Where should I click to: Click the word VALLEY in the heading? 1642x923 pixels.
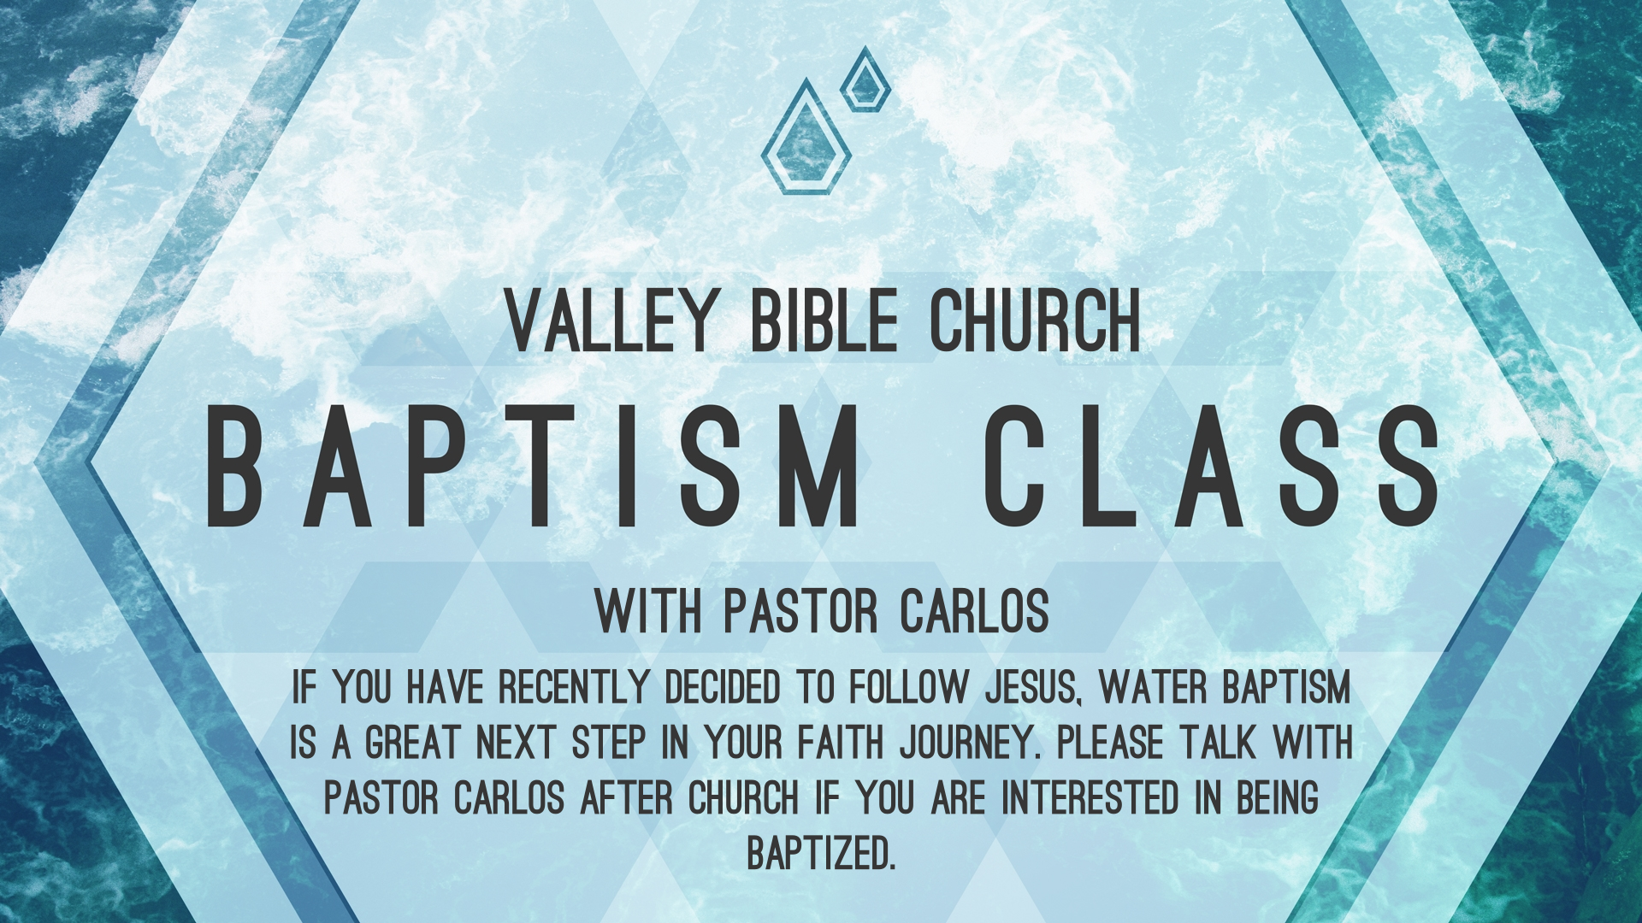click(x=609, y=320)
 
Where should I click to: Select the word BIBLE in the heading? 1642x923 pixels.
click(x=824, y=320)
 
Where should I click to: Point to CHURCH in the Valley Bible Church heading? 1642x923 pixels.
click(x=1036, y=320)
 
